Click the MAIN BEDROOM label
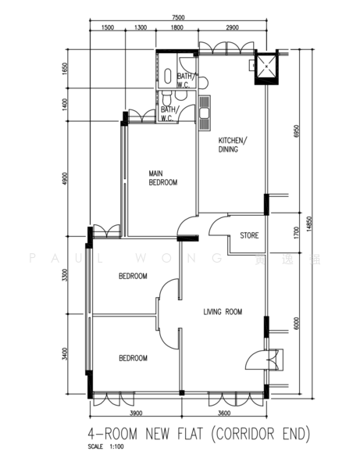tap(163, 177)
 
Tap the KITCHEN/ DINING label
tap(233, 145)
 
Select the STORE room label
tap(249, 235)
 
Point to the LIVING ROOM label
tap(223, 312)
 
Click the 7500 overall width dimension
tap(178, 18)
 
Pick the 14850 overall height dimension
tap(309, 224)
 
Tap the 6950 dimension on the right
tap(296, 131)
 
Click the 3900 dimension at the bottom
tap(136, 413)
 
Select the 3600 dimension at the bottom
tap(224, 413)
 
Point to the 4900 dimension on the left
tap(65, 178)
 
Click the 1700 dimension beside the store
tap(296, 233)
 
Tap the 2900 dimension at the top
tap(232, 27)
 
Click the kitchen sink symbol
tap(205, 113)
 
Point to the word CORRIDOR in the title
tap(244, 434)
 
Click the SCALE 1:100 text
tap(105, 446)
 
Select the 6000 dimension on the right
tap(296, 324)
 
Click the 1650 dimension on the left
tap(65, 69)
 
